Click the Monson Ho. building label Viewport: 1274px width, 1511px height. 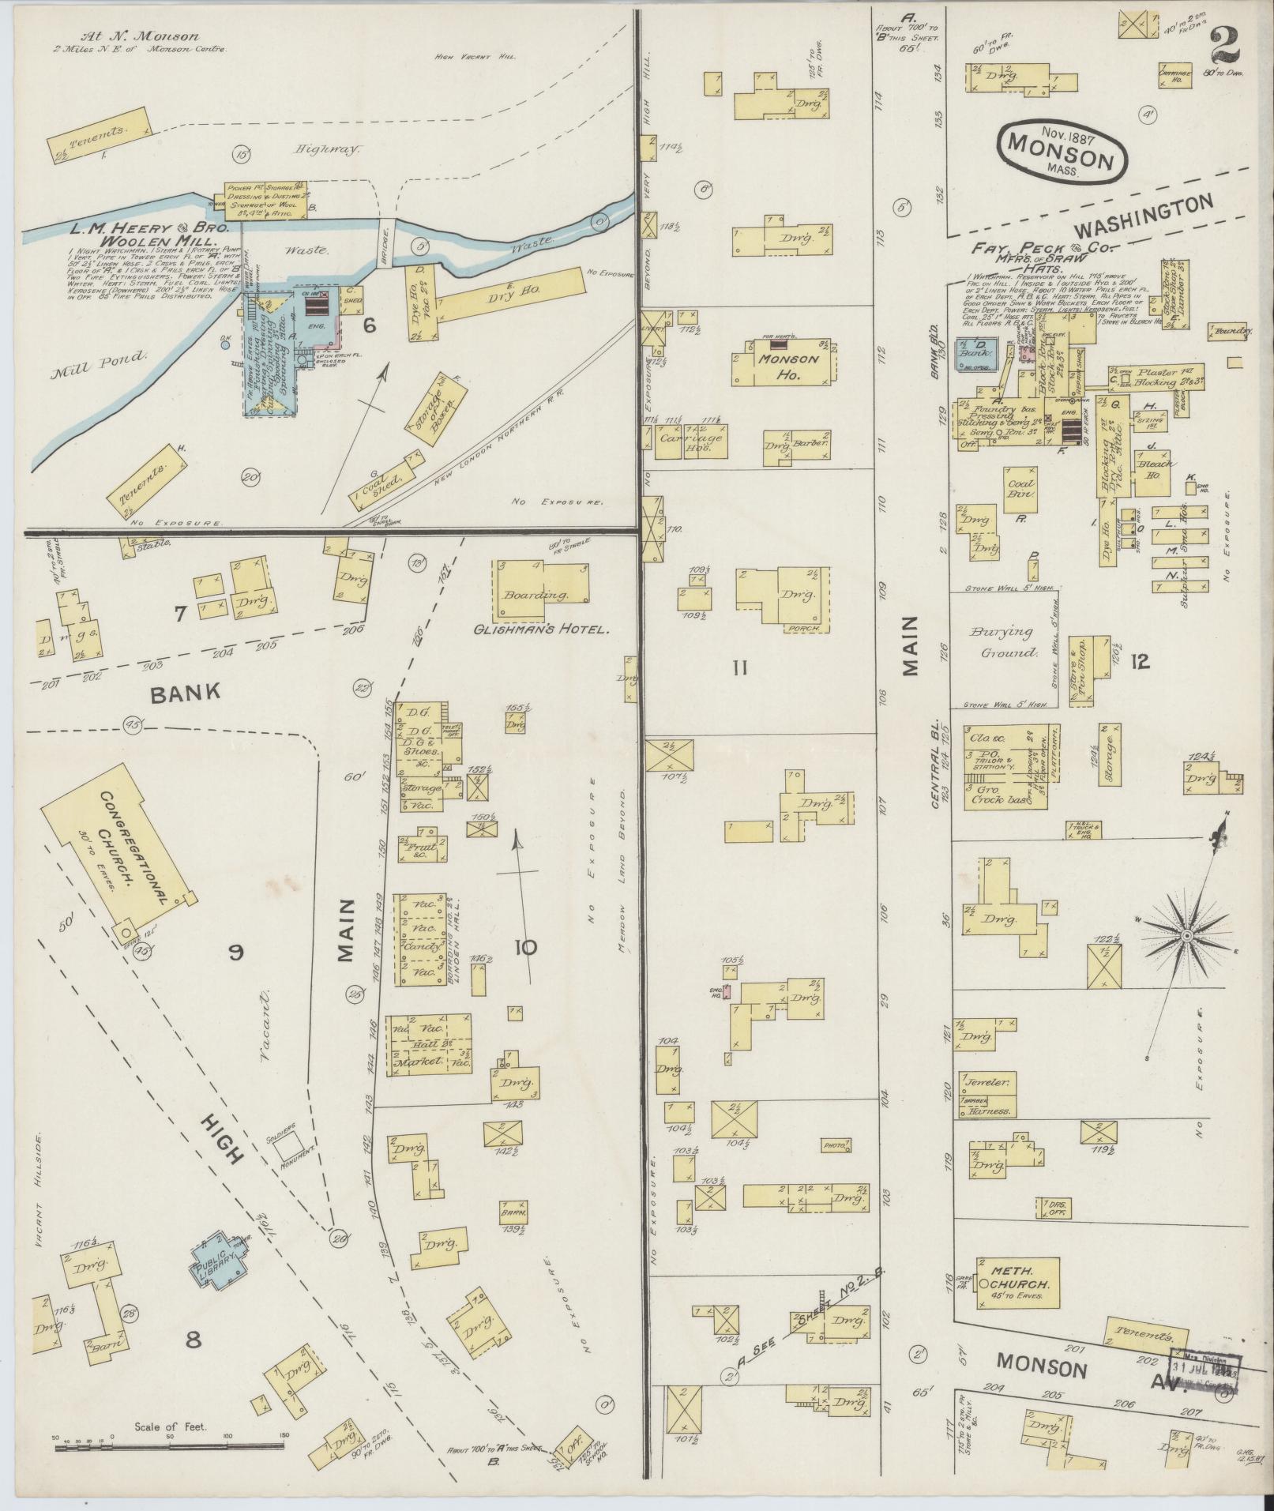point(780,367)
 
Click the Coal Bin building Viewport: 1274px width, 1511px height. point(1021,491)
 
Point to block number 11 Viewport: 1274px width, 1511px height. point(740,667)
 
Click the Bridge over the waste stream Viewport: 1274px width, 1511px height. point(386,246)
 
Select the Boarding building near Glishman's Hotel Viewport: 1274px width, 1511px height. point(541,592)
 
